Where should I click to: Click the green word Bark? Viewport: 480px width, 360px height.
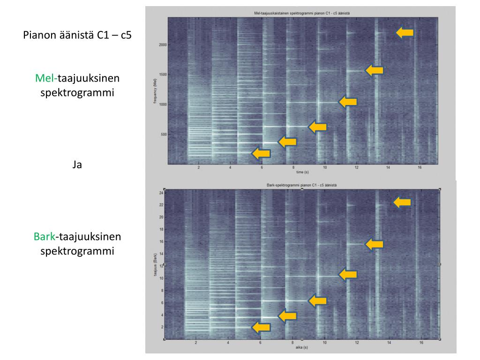(44, 237)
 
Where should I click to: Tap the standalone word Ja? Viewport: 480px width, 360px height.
(77, 164)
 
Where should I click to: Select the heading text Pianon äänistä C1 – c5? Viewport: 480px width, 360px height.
(77, 35)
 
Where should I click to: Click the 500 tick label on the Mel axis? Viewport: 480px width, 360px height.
(163, 135)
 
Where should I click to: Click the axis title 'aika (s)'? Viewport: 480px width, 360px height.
(301, 347)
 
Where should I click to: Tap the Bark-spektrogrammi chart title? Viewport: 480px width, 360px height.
(301, 186)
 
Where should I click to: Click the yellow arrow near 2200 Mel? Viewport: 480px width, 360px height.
(405, 32)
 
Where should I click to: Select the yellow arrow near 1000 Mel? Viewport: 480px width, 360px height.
(348, 101)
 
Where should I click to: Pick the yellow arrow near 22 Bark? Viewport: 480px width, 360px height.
(402, 202)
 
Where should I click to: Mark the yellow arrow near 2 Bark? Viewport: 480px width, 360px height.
(261, 327)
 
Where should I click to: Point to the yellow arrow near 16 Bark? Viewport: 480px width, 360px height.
(374, 244)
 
